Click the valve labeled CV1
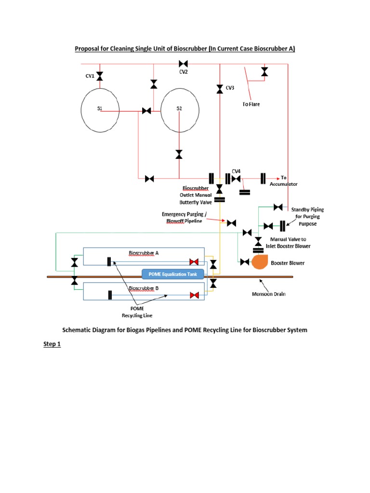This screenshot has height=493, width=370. (100, 76)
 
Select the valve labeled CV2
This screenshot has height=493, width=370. (183, 64)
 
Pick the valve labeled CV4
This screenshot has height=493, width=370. (236, 179)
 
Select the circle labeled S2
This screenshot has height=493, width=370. (179, 111)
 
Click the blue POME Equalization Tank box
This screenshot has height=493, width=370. (173, 274)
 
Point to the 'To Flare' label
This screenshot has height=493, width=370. (251, 104)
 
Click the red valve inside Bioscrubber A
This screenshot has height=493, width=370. (194, 262)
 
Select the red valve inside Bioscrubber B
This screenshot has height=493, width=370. (194, 295)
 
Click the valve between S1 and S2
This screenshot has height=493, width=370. (146, 111)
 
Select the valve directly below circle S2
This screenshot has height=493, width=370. (179, 154)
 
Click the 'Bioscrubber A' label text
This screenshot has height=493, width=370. (144, 253)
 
